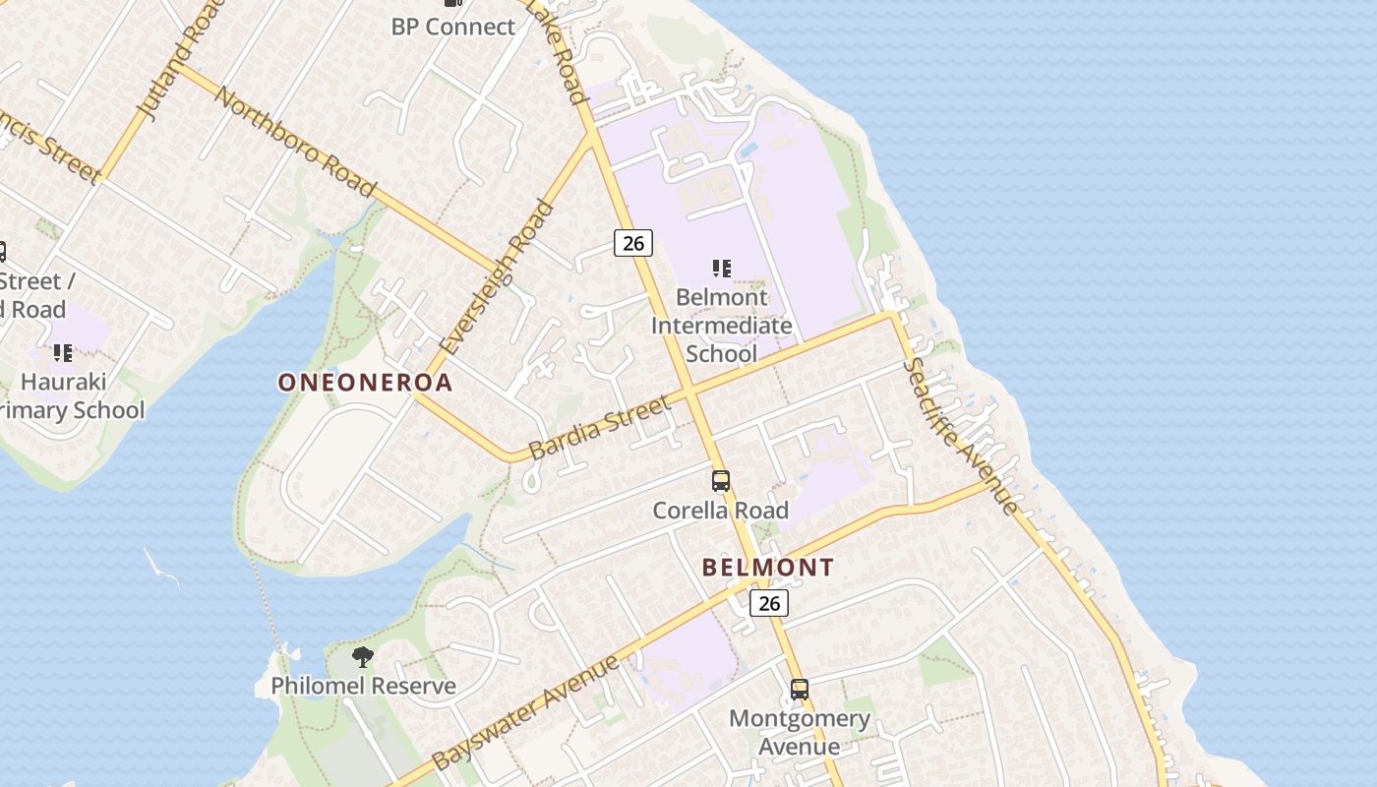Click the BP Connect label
[x=452, y=27]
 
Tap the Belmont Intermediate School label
[x=721, y=325]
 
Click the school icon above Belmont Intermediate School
[x=722, y=268]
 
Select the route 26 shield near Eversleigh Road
[x=633, y=242]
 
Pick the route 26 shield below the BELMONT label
[x=769, y=602]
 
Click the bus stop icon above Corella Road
[x=721, y=481]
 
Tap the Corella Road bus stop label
[x=721, y=510]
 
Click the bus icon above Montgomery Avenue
[x=800, y=690]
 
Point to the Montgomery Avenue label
[x=800, y=732]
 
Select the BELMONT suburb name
[x=768, y=568]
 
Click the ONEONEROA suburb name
[x=365, y=383]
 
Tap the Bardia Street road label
[x=599, y=427]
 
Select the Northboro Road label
[x=295, y=142]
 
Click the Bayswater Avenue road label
[x=526, y=712]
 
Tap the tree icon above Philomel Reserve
[x=363, y=656]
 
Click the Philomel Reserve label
[x=363, y=686]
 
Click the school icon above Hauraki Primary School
[x=63, y=352]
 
